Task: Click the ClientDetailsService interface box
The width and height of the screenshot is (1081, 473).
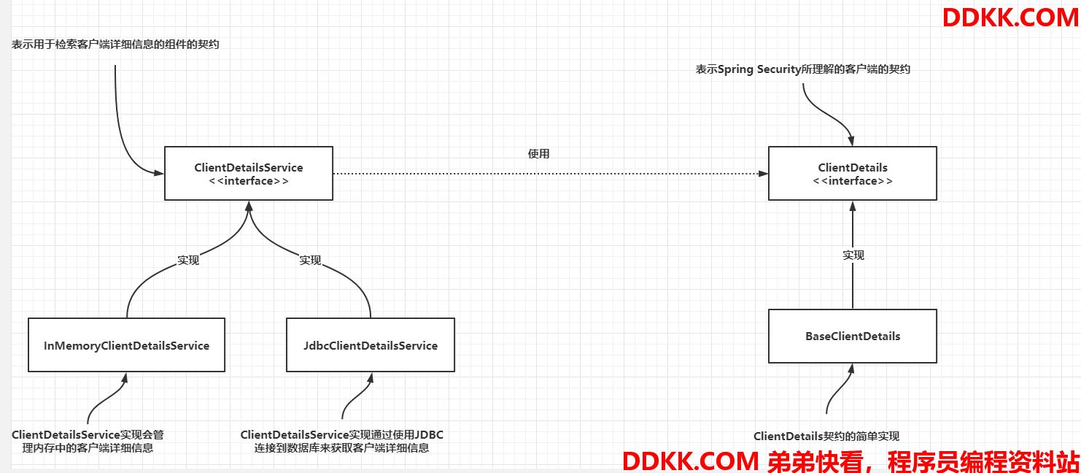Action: [249, 174]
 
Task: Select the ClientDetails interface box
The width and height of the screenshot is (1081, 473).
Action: [852, 174]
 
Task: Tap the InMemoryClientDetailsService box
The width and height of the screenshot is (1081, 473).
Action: [126, 345]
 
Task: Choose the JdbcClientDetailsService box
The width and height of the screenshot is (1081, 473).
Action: [370, 345]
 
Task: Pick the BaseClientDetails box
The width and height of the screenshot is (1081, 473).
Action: [852, 337]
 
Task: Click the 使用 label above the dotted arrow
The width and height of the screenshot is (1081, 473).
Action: [538, 153]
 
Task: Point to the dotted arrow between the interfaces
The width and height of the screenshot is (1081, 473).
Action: [551, 174]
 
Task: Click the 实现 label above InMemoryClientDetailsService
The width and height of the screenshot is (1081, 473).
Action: [188, 261]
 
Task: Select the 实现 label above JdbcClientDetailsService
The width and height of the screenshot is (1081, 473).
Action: [310, 261]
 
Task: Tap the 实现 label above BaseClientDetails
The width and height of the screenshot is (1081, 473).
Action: [853, 255]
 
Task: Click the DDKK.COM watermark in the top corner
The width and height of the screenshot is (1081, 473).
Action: [1010, 18]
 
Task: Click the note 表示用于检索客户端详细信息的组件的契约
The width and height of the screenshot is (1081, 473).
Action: [115, 45]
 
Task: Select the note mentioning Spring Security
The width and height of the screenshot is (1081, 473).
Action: [802, 69]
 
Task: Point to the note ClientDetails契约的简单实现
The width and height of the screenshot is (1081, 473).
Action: [826, 437]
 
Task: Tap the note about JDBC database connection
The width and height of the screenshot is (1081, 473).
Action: [341, 441]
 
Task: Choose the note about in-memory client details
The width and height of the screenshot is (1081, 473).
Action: [88, 441]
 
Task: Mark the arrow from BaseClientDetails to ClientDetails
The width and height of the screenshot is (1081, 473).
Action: [852, 255]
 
